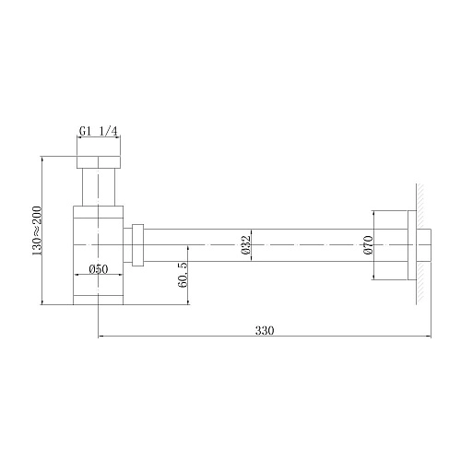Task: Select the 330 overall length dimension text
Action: (265, 329)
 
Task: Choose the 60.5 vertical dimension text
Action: (183, 274)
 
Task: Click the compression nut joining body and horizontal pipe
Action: (138, 243)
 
